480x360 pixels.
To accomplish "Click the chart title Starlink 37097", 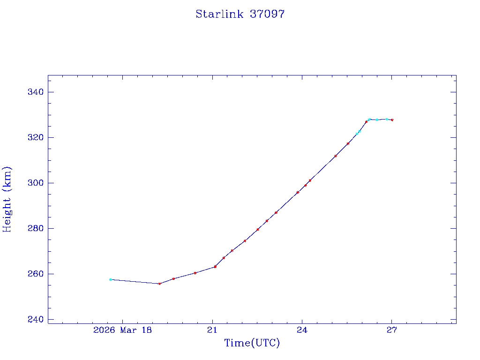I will click(240, 14).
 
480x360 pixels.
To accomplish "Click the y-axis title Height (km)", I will click(7, 199).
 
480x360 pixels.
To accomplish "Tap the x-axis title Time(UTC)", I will click(252, 343).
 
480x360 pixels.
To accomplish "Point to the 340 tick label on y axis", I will click(36, 92).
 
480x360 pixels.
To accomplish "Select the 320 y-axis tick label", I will click(36, 137).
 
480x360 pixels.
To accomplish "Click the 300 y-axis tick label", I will click(36, 183).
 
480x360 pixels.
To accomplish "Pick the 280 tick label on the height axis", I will click(36, 228).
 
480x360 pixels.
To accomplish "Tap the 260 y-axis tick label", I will click(36, 274).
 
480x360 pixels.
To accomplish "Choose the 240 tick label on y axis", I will click(36, 319).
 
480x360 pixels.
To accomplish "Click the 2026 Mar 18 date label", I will click(123, 330).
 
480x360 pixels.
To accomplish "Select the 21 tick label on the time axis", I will click(213, 330).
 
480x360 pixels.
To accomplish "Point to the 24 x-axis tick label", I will click(302, 330).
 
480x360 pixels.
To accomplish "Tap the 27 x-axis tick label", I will click(392, 330).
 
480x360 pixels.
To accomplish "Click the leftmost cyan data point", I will click(111, 279).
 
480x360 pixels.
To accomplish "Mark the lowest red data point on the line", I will click(159, 284).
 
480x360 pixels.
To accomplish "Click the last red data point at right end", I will click(392, 120).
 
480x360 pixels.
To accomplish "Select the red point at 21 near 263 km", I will click(215, 267).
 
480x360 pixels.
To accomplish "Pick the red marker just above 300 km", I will click(310, 180).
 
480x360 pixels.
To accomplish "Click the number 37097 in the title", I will click(267, 14).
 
